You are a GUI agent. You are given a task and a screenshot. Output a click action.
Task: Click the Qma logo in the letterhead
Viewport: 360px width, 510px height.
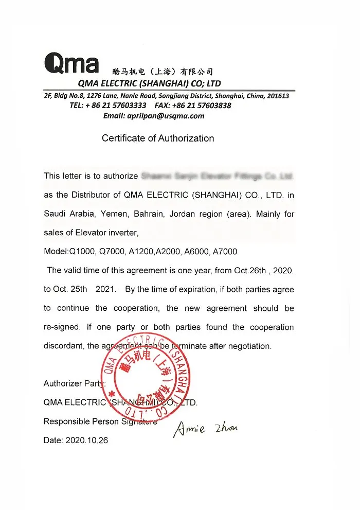pyautogui.click(x=71, y=63)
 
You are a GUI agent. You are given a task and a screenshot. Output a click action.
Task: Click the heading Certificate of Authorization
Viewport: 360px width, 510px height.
pyautogui.click(x=158, y=138)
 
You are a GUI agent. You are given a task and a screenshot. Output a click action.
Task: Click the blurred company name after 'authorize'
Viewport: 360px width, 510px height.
pyautogui.click(x=217, y=176)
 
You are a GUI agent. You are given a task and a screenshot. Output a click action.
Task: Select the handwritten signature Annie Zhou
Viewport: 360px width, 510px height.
pyautogui.click(x=206, y=428)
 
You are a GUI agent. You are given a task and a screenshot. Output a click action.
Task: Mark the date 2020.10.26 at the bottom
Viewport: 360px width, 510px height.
pyautogui.click(x=86, y=441)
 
